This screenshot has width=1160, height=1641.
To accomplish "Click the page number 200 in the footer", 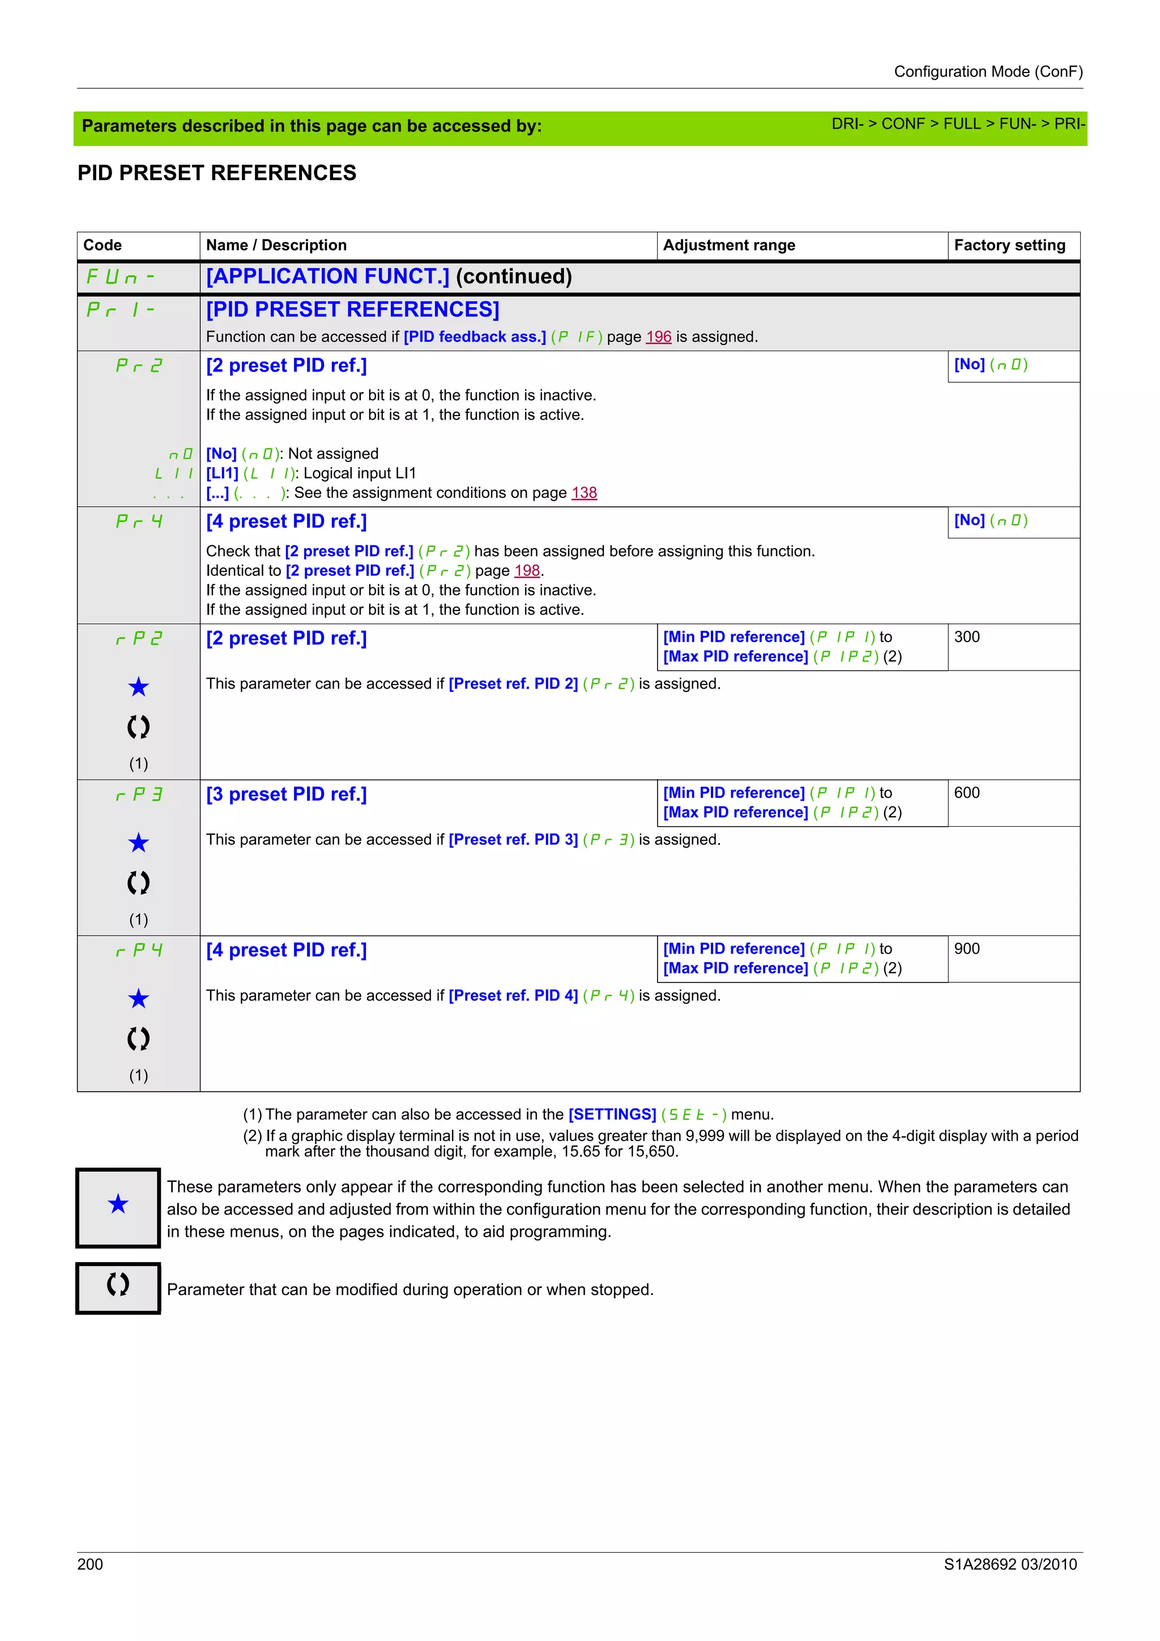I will [x=90, y=1564].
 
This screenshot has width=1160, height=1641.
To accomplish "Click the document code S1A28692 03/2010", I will [x=1010, y=1564].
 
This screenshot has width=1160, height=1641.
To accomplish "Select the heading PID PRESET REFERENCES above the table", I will [x=216, y=173].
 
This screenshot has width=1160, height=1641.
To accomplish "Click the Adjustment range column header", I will [x=729, y=245].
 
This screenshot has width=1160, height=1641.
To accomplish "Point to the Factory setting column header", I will [x=1009, y=245].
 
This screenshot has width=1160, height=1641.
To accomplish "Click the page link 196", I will [x=658, y=336].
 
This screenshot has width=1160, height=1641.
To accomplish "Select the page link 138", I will [x=584, y=493].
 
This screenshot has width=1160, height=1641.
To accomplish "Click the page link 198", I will [x=527, y=570].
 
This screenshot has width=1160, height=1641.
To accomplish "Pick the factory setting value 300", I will [x=966, y=637].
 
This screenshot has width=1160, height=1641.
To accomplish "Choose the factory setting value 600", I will [x=966, y=793].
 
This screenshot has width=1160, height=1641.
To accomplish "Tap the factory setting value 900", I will [x=966, y=948].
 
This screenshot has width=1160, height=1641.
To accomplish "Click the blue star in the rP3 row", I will [x=139, y=843].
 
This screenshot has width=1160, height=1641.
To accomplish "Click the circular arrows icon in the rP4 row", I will [x=139, y=1038].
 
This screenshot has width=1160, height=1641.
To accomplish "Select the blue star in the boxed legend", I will [x=118, y=1204].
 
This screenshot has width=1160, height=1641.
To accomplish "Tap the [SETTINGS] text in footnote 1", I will [x=612, y=1114].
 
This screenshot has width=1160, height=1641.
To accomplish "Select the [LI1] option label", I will [x=221, y=473].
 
